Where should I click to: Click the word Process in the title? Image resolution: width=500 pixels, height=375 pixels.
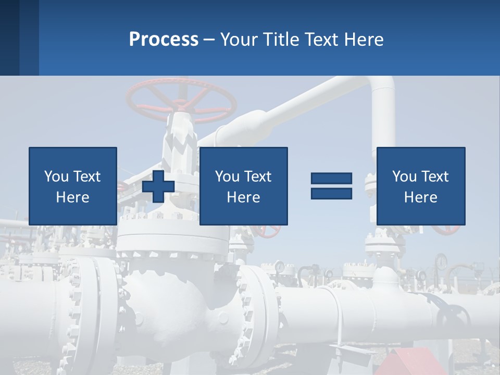pos(164,40)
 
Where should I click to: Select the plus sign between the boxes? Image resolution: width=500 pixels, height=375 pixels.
pos(158,186)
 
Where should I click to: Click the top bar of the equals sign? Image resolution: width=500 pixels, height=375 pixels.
pos(331,179)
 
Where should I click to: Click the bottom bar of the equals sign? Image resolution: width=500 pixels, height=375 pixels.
pos(331,193)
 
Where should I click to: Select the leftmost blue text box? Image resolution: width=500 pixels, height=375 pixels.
pos(72,186)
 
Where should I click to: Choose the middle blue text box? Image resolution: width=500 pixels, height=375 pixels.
pos(243,186)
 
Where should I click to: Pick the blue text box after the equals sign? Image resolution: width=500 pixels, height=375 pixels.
pos(420,186)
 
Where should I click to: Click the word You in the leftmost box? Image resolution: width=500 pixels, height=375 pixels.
pos(56,177)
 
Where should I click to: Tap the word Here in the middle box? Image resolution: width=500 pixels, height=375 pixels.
pos(243,197)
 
